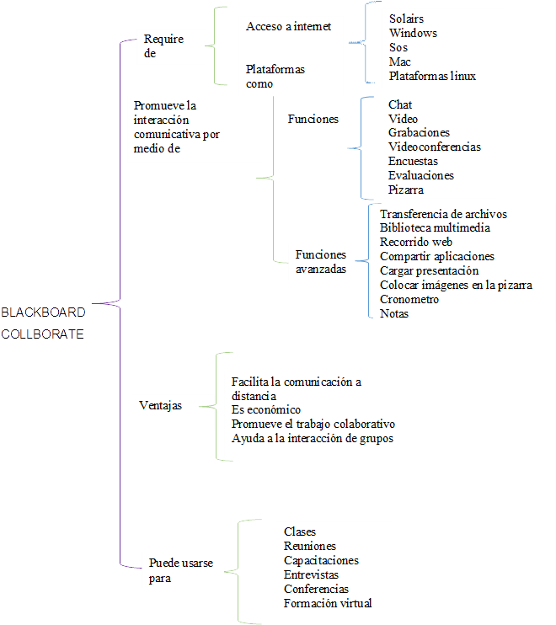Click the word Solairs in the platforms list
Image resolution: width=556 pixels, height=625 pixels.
(406, 19)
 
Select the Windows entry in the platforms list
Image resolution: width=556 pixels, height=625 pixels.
(413, 33)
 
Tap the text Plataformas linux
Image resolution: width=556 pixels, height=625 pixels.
(432, 76)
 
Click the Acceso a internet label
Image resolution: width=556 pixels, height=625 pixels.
(288, 27)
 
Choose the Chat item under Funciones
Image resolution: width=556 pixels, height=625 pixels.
(400, 104)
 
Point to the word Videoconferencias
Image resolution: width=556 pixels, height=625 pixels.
(435, 147)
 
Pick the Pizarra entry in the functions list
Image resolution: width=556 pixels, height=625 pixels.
(406, 190)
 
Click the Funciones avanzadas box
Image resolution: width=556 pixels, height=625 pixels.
(321, 262)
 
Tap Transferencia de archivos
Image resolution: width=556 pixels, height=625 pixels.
(443, 214)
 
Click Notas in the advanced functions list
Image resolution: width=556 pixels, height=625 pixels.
(393, 313)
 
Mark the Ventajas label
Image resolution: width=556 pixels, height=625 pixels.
(159, 405)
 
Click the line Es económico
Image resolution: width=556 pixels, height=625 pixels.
(265, 409)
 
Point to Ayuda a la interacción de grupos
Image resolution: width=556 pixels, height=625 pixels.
(313, 438)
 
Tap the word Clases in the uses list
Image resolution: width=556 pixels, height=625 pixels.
(300, 532)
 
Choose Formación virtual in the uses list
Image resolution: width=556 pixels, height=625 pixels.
(328, 603)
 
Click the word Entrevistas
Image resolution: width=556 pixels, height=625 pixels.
(311, 574)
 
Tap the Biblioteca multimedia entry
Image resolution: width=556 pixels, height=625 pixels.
(435, 227)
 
